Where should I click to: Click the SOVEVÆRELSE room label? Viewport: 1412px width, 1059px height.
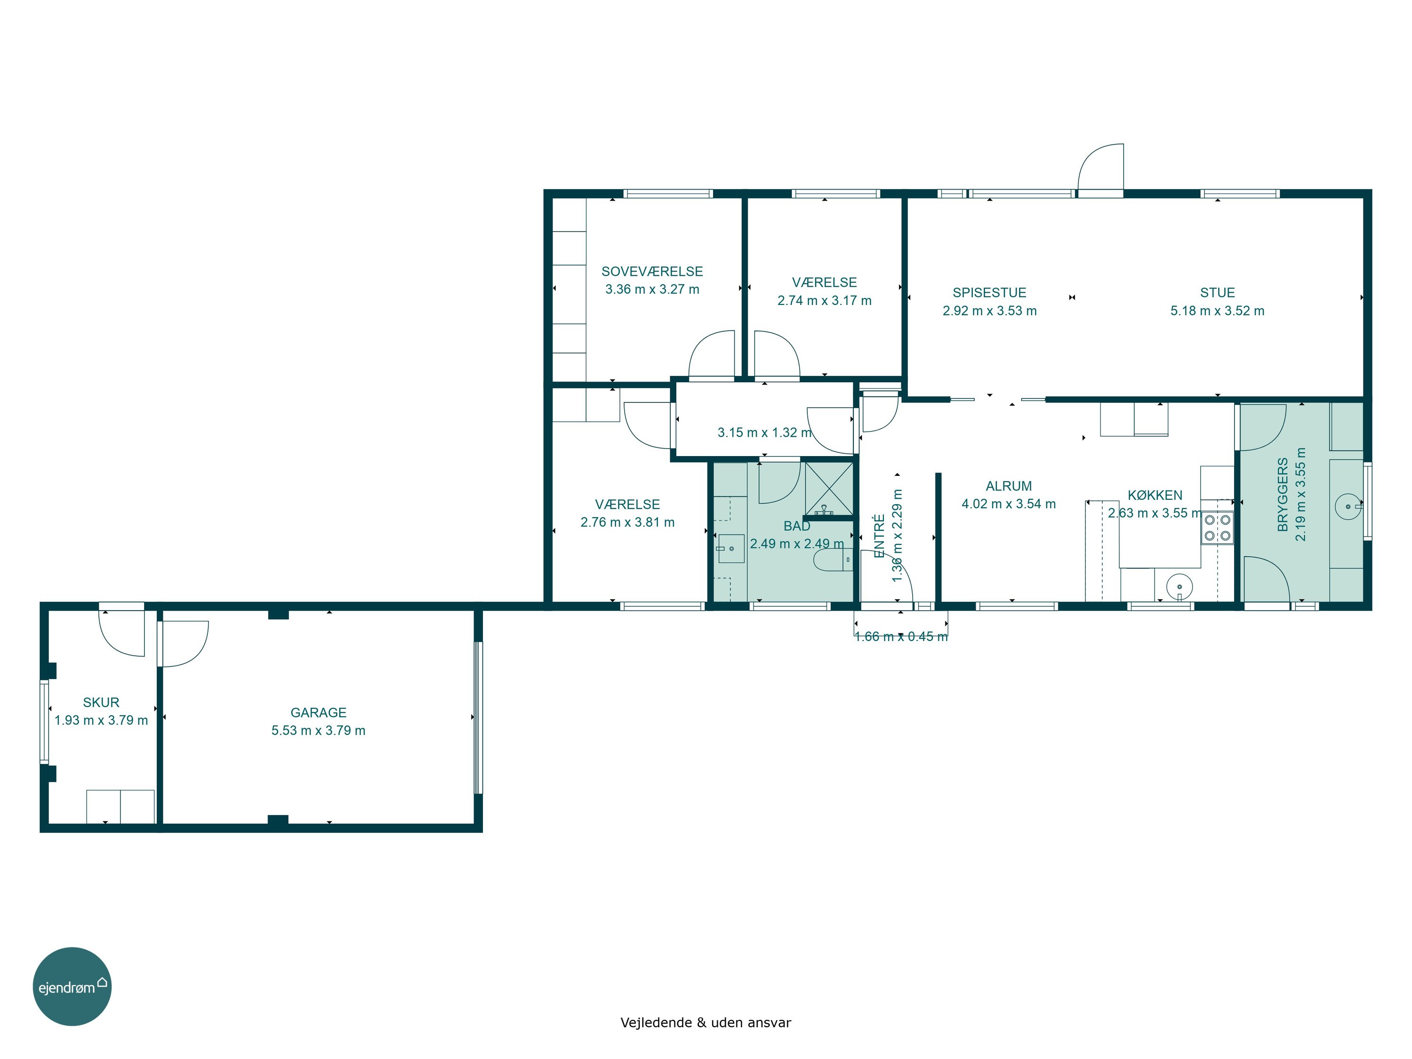click(x=652, y=271)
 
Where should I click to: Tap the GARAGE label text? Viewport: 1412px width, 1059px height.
click(x=319, y=713)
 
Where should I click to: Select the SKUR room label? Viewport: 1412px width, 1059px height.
click(x=101, y=702)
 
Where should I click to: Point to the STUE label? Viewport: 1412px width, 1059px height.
click(x=1217, y=293)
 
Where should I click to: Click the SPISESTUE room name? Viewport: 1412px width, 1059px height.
click(x=989, y=293)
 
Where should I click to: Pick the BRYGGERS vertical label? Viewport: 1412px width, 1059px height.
click(x=1283, y=494)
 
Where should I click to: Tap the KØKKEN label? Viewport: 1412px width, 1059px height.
click(x=1155, y=495)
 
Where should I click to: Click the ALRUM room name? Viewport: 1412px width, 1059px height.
click(x=1009, y=486)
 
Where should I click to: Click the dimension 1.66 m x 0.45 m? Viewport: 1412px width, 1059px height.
click(x=901, y=636)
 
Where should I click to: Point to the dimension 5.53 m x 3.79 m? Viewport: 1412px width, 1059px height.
click(x=319, y=730)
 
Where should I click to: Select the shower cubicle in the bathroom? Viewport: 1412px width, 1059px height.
click(x=828, y=489)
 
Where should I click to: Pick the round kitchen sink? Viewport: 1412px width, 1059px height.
click(x=1179, y=586)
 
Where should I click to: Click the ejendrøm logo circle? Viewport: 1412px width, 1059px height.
click(x=72, y=986)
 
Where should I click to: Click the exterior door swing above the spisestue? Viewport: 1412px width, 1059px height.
click(x=1100, y=167)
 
